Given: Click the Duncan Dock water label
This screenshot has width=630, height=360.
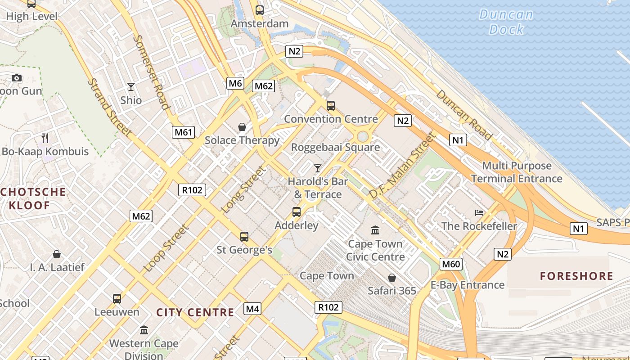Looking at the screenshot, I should click(506, 22).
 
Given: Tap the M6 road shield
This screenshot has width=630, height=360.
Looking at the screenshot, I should click(235, 83).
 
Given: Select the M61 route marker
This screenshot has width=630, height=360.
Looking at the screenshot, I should click(183, 132).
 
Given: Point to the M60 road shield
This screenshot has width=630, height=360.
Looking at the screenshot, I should click(451, 264).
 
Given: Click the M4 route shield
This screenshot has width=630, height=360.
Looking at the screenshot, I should click(252, 309).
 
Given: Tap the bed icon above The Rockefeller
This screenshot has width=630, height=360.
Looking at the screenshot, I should click(479, 212).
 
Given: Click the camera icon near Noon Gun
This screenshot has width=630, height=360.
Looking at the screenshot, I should click(17, 78).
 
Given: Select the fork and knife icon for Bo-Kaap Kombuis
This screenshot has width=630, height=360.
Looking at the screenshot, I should click(45, 138).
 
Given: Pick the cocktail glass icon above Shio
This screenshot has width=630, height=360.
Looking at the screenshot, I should click(131, 86).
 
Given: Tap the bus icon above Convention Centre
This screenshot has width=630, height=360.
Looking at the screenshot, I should click(331, 106).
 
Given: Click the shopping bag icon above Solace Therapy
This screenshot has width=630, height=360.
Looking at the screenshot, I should click(242, 127).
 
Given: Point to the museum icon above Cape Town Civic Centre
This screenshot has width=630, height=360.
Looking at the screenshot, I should click(375, 230).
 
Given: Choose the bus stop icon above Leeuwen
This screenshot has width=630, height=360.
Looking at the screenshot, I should click(117, 298).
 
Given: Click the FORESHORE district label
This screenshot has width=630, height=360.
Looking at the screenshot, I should click(576, 276).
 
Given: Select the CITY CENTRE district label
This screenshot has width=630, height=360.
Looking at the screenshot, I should click(195, 312).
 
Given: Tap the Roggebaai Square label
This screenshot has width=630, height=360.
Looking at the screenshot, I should click(335, 147).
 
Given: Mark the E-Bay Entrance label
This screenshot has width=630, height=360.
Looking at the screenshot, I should click(468, 285).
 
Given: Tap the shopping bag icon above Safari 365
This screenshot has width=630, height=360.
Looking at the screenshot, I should click(392, 278).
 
